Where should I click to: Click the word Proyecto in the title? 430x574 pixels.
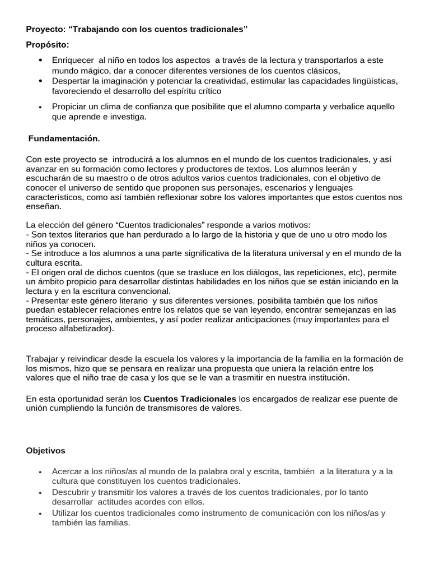pyautogui.click(x=45, y=29)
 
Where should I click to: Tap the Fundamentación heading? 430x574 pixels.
pyautogui.click(x=64, y=138)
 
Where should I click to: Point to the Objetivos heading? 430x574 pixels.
pyautogui.click(x=45, y=450)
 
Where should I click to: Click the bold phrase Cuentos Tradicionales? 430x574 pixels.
pyautogui.click(x=190, y=399)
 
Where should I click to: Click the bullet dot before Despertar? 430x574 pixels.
pyautogui.click(x=40, y=81)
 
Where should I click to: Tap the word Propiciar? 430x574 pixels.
pyautogui.click(x=71, y=107)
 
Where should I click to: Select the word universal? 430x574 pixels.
pyautogui.click(x=298, y=253)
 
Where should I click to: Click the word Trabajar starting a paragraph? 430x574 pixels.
pyautogui.click(x=43, y=359)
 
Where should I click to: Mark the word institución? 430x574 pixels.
pyautogui.click(x=328, y=378)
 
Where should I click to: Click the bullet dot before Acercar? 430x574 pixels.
pyautogui.click(x=40, y=472)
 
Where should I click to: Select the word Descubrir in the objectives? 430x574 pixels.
pyautogui.click(x=71, y=492)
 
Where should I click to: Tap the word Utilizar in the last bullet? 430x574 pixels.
pyautogui.click(x=66, y=513)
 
